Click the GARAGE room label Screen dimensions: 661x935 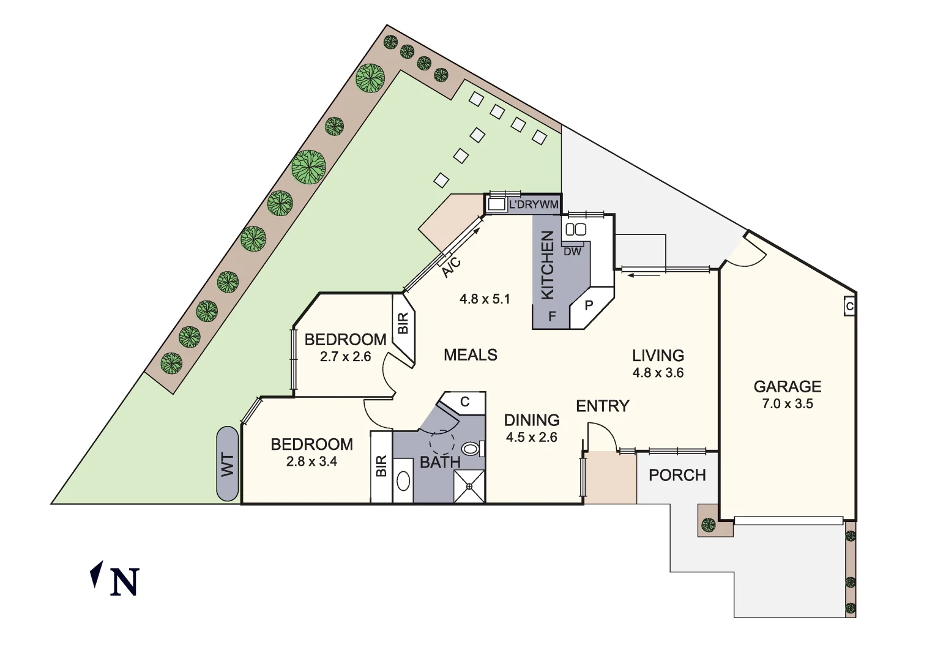click(x=787, y=387)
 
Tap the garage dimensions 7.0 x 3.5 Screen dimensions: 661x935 click(x=787, y=404)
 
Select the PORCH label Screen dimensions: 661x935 click(x=677, y=476)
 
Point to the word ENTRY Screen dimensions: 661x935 click(x=602, y=406)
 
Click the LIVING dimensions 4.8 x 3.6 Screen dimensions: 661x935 click(x=658, y=373)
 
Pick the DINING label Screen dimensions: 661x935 click(x=531, y=420)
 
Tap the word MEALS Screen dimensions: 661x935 click(x=470, y=355)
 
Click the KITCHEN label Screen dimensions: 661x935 click(x=548, y=265)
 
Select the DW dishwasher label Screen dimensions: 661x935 click(x=572, y=252)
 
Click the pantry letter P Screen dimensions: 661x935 click(x=589, y=305)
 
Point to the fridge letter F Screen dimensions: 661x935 click(x=552, y=316)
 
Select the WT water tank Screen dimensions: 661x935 click(x=228, y=464)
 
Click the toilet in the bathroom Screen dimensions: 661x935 click(x=471, y=449)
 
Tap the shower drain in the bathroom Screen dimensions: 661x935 click(x=469, y=487)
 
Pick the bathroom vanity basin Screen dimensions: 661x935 click(x=403, y=481)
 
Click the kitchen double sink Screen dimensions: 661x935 click(x=576, y=230)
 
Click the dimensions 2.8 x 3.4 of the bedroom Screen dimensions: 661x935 click(x=311, y=461)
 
